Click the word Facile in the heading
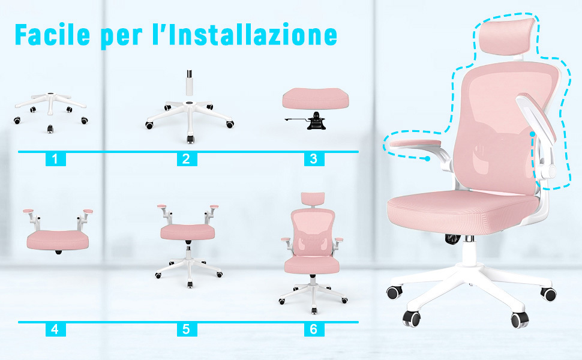click(x=52, y=35)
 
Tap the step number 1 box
click(x=56, y=159)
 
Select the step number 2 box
click(x=187, y=159)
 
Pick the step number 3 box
click(x=314, y=159)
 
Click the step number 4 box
click(x=56, y=329)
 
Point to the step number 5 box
click(x=187, y=329)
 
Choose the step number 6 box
click(x=314, y=329)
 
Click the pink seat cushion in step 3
click(x=316, y=98)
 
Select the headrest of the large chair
click(x=508, y=37)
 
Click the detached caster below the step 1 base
click(x=50, y=129)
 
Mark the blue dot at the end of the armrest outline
click(x=428, y=159)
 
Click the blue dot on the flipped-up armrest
click(x=533, y=134)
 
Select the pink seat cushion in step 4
click(x=58, y=240)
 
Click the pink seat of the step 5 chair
click(x=187, y=232)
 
